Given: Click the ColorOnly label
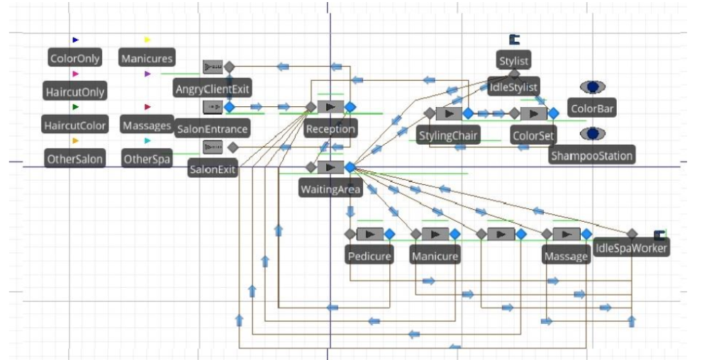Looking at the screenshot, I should click(x=75, y=58).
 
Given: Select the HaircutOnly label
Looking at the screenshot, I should click(x=74, y=92).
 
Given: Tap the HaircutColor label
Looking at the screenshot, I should click(x=75, y=125).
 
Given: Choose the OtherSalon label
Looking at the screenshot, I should click(x=74, y=159).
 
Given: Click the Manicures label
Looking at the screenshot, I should click(x=147, y=58).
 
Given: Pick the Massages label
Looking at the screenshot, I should click(x=147, y=125).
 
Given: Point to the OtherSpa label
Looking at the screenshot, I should click(x=147, y=159).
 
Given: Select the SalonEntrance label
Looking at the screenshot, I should click(x=212, y=129).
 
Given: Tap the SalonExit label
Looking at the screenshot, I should click(x=213, y=170).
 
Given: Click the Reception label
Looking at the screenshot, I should click(x=330, y=129).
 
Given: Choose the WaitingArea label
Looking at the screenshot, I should click(x=331, y=189).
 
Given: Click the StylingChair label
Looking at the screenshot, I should click(x=449, y=135).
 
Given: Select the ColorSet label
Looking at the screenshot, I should click(x=533, y=135).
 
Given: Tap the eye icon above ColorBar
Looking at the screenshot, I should click(x=592, y=86).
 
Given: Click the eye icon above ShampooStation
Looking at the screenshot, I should click(x=592, y=133).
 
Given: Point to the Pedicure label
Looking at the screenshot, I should click(x=369, y=255).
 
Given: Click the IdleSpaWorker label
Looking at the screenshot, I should click(x=630, y=248).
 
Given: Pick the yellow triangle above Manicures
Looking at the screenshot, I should click(x=147, y=40).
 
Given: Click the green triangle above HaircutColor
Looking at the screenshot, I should click(x=75, y=107).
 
